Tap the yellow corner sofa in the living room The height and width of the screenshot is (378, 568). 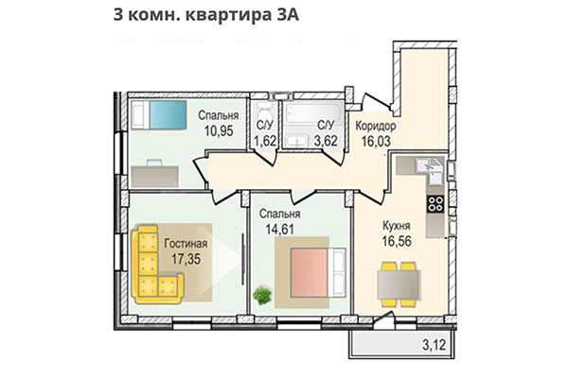pyautogui.click(x=155, y=262)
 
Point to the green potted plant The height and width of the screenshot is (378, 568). pyautogui.click(x=263, y=295)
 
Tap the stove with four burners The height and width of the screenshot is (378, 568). pyautogui.click(x=436, y=202)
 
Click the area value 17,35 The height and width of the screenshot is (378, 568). pyautogui.click(x=185, y=257)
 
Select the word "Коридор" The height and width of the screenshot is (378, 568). pyautogui.click(x=375, y=126)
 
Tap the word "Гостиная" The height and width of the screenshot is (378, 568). pyautogui.click(x=185, y=243)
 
